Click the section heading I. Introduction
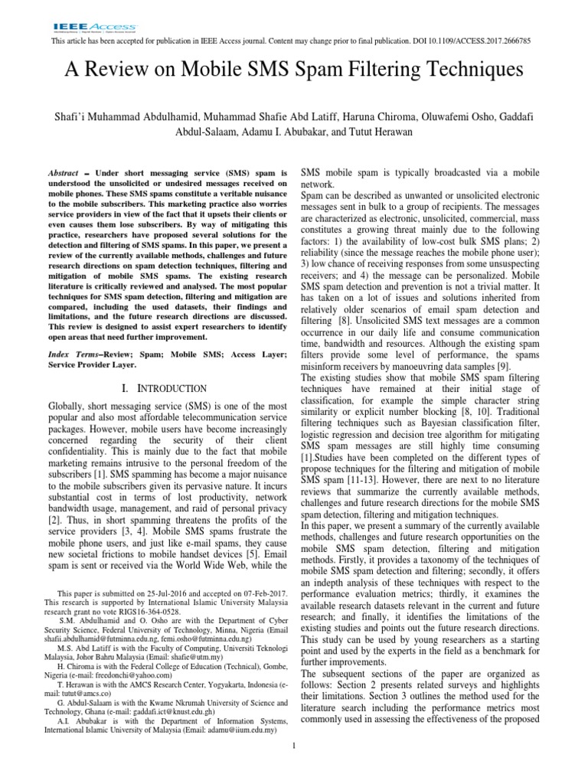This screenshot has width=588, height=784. click(164, 389)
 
